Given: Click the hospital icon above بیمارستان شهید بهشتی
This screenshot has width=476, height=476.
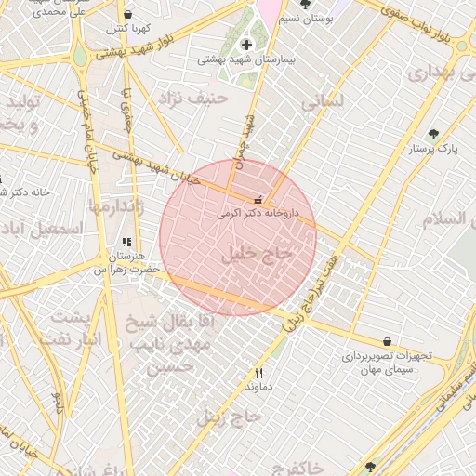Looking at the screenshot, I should click(x=246, y=45).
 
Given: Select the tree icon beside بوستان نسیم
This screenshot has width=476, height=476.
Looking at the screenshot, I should click(x=305, y=5).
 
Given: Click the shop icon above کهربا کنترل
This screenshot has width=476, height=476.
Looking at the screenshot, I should click(x=127, y=15).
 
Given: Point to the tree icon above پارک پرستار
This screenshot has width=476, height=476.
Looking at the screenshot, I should click(x=433, y=134).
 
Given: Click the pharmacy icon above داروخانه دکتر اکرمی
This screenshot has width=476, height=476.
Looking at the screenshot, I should click(x=258, y=200).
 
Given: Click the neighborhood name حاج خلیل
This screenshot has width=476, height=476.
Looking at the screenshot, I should click(x=258, y=252).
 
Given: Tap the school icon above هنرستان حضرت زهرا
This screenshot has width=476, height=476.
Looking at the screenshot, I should click(x=126, y=242).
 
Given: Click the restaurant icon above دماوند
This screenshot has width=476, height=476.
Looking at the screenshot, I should click(x=246, y=372).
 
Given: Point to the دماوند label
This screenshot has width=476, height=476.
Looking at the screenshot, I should click(x=258, y=385).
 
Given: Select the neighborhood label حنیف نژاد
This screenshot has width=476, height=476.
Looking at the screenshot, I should click(x=192, y=97).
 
